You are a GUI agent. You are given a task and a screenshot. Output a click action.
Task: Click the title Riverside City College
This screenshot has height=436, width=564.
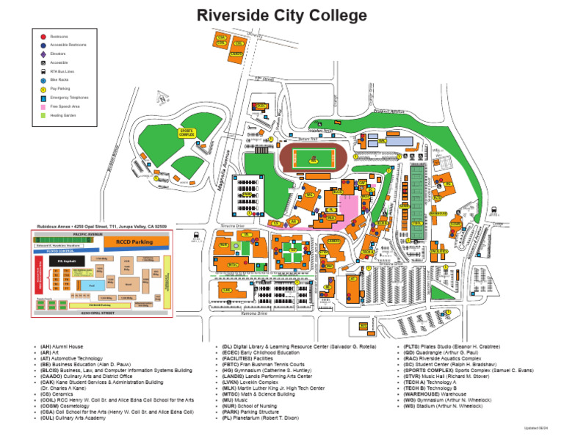[282, 15]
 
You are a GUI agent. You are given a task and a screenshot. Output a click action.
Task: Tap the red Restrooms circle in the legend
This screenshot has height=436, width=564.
[43, 36]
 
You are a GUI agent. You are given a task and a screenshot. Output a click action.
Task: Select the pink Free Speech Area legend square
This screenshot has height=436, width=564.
[43, 106]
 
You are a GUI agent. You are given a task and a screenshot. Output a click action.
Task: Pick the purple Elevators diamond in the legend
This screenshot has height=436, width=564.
[43, 54]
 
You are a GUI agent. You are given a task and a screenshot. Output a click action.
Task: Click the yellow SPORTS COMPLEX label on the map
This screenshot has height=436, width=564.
[187, 133]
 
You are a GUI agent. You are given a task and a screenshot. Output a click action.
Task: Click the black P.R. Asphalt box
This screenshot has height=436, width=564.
[62, 260]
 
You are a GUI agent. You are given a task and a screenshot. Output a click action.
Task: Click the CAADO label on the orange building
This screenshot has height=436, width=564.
[236, 54]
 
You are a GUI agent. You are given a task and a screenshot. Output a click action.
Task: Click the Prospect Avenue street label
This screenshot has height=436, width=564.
[388, 112]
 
